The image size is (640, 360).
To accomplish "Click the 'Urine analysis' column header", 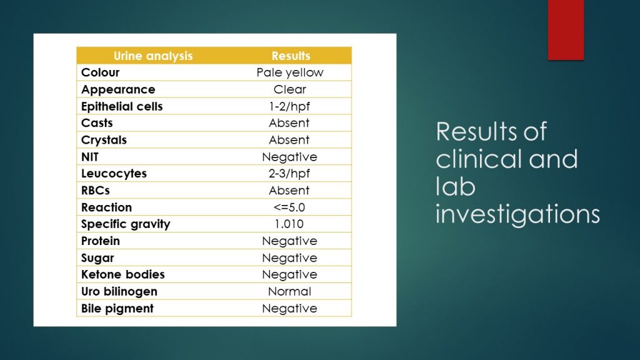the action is point(153,56).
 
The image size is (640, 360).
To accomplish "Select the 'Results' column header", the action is point(291,56).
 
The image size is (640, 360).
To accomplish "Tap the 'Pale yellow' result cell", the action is point(290,72).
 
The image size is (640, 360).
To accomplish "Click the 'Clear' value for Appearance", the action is point(290,89).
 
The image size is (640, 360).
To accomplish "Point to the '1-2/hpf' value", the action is point(289,106).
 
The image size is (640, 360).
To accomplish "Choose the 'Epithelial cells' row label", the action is point(122,106).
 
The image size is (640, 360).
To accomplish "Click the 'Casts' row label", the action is point(97,123).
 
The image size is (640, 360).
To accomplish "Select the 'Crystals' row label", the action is point(104,140).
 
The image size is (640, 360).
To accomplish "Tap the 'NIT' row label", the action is point(90,157).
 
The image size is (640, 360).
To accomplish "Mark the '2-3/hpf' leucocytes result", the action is point(289,174).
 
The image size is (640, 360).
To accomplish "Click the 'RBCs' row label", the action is point(96,190).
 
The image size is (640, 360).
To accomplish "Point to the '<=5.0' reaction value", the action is point(289,207).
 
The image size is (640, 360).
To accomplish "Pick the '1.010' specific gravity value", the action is point(289,224).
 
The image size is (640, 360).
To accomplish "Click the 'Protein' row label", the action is point(101,241).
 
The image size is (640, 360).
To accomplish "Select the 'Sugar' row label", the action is point(97,258).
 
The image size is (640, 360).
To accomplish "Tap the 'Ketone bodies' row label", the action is point(123,274).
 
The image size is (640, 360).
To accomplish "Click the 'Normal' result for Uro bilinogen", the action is point(290,291).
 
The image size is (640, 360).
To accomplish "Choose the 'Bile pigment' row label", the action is point(117,309).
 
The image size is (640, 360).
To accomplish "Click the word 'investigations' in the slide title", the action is point(517,214).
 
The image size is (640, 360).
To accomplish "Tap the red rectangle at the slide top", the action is point(566,30).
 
